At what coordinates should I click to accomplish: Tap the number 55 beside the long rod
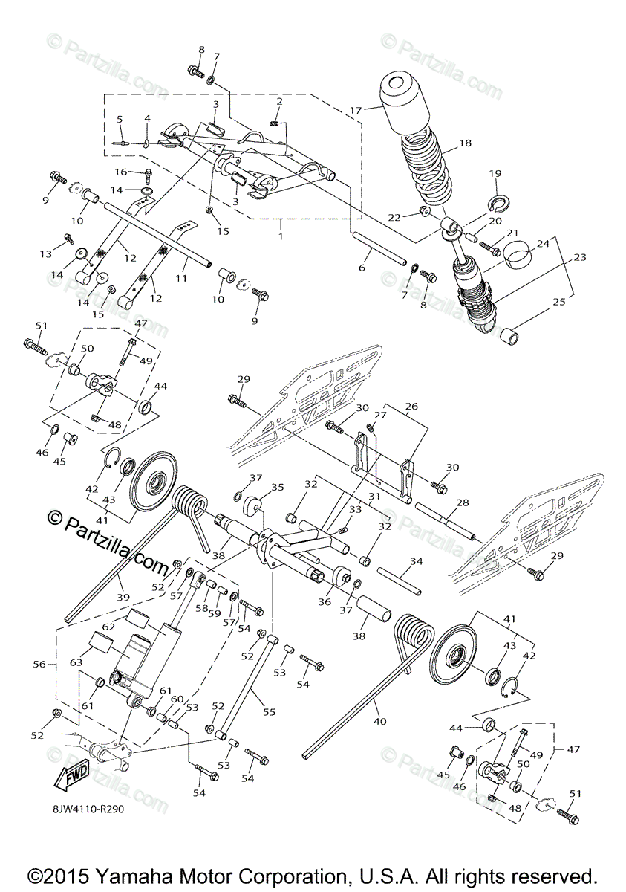(x=269, y=711)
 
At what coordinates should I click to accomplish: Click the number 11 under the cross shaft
(x=180, y=277)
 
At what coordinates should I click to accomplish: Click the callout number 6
(x=362, y=268)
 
